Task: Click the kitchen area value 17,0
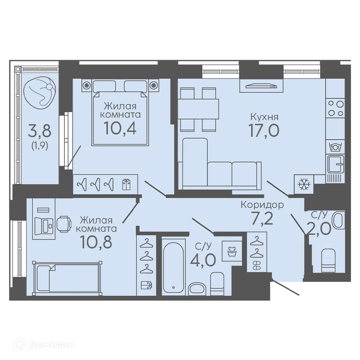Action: pyautogui.click(x=264, y=130)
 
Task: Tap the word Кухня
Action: pyautogui.click(x=264, y=117)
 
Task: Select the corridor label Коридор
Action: pyautogui.click(x=262, y=205)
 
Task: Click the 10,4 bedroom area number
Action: pyautogui.click(x=120, y=128)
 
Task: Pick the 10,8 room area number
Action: pyautogui.click(x=96, y=242)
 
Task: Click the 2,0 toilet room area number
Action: pyautogui.click(x=319, y=229)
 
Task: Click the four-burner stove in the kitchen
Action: pyautogui.click(x=336, y=109)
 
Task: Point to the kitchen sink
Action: pyautogui.click(x=336, y=164)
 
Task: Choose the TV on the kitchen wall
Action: pyautogui.click(x=261, y=86)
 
